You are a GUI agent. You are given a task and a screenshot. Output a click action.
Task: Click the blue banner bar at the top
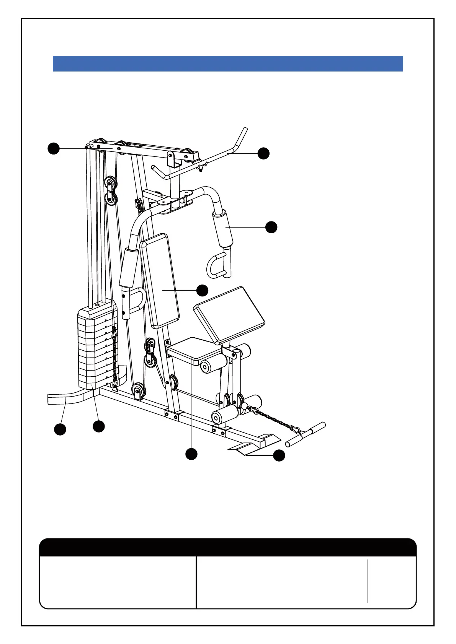(228, 63)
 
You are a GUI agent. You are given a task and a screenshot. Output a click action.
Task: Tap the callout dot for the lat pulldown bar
(263, 153)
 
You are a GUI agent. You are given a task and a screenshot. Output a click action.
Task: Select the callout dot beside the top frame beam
(54, 148)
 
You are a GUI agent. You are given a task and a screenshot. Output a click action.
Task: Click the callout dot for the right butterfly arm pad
(271, 227)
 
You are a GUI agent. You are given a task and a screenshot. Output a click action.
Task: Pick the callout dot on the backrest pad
(202, 290)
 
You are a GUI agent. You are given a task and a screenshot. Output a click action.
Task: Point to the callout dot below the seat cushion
(191, 454)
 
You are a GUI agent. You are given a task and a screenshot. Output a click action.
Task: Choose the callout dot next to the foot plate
(279, 455)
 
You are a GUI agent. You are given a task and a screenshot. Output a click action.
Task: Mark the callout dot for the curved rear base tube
(60, 429)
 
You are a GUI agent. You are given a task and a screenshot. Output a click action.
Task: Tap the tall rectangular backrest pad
(160, 281)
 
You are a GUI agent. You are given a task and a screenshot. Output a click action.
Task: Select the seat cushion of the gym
(190, 349)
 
